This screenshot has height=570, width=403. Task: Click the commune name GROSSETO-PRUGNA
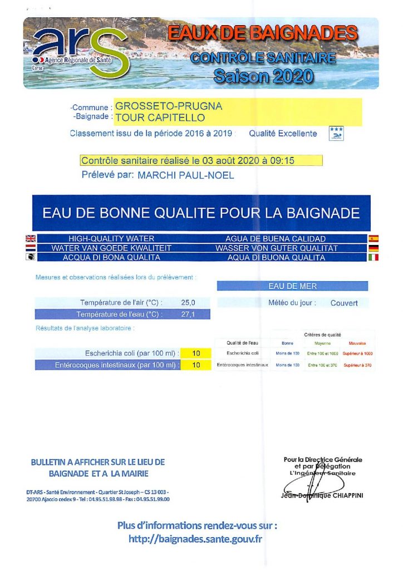pos(169,106)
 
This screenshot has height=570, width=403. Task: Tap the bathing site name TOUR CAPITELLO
pos(160,117)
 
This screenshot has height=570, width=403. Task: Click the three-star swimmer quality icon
pos(336,134)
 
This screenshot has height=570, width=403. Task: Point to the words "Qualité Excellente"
pos(283,134)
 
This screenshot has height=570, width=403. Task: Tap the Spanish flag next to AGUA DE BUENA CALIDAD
pos(373,239)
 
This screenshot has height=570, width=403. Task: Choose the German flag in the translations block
pos(373,248)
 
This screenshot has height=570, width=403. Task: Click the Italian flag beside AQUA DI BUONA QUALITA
pos(373,258)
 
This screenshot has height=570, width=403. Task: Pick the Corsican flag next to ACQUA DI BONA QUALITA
pos(31,258)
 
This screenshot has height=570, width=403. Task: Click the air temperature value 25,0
pos(188,303)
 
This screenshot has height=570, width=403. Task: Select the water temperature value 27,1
pos(188,315)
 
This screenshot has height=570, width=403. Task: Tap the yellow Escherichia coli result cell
pos(196,353)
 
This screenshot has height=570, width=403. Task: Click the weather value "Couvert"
pos(344,303)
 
